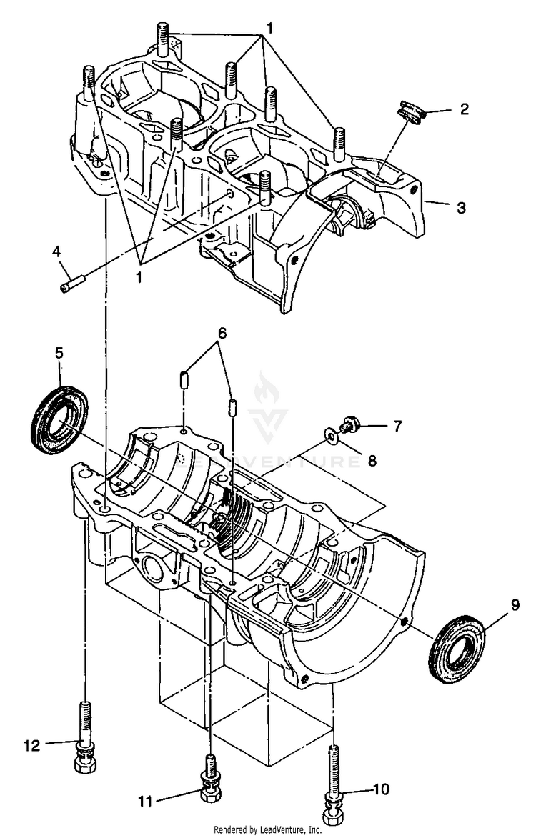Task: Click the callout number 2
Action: point(464,110)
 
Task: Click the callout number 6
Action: point(222,333)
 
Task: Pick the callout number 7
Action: point(397,427)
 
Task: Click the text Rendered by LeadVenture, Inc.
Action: point(268,830)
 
